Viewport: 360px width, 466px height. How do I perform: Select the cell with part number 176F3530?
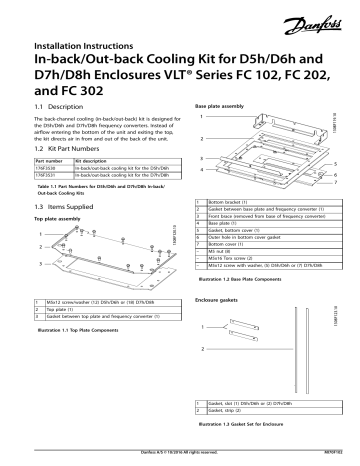47,167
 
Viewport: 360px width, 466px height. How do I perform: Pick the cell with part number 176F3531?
47,174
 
